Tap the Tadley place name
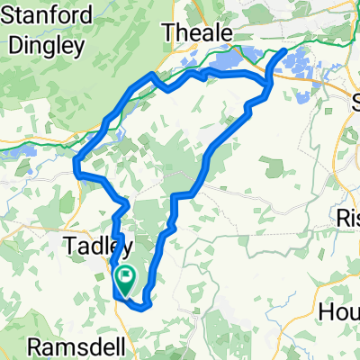click(x=100, y=246)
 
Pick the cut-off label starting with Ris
click(x=347, y=217)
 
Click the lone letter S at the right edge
click(x=351, y=98)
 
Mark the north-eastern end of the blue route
click(x=285, y=51)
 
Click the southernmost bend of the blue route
click(x=141, y=306)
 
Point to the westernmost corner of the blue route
click(x=74, y=163)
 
